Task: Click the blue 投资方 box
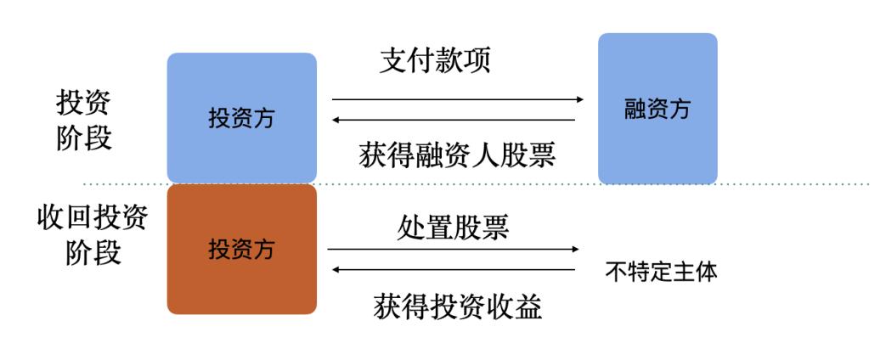point(242,117)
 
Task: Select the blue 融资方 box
point(657,109)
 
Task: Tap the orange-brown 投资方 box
point(242,250)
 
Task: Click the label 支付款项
point(435,60)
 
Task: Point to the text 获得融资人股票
point(457,155)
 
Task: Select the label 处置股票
point(453,228)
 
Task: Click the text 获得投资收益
point(458,307)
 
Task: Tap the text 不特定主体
point(661,272)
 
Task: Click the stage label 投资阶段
point(84,120)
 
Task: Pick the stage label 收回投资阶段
point(93,235)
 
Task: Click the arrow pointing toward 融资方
point(458,99)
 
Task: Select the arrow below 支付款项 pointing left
point(453,120)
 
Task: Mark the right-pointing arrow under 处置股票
point(454,249)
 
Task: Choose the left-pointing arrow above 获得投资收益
point(453,270)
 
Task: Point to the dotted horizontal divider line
point(476,184)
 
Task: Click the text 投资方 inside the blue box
point(241,118)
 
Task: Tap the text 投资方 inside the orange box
point(241,249)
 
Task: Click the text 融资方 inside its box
point(657,109)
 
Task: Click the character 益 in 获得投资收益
point(528,307)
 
